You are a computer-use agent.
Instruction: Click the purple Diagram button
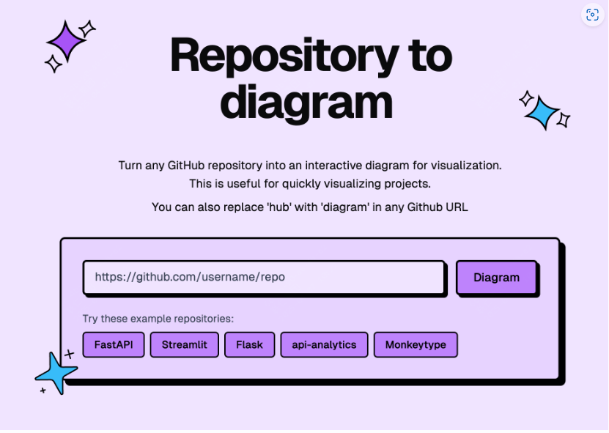pos(496,278)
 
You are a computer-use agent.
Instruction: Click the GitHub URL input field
pos(264,278)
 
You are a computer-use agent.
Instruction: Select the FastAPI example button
pos(114,344)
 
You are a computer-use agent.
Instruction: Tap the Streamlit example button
pos(185,344)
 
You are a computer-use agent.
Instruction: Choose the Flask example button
pos(249,344)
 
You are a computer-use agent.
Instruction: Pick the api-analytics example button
pos(324,344)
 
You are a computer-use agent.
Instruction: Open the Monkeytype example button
pos(416,344)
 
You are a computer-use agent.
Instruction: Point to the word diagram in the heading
pos(306,103)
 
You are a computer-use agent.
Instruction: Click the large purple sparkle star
pos(67,41)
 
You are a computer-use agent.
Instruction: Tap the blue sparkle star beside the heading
pos(543,112)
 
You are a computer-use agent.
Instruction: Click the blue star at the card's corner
pos(56,373)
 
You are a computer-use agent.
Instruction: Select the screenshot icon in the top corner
pos(592,15)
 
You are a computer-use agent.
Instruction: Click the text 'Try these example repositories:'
pos(158,319)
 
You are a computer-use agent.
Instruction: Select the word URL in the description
pos(455,207)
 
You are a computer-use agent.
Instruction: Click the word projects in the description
pos(406,183)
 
